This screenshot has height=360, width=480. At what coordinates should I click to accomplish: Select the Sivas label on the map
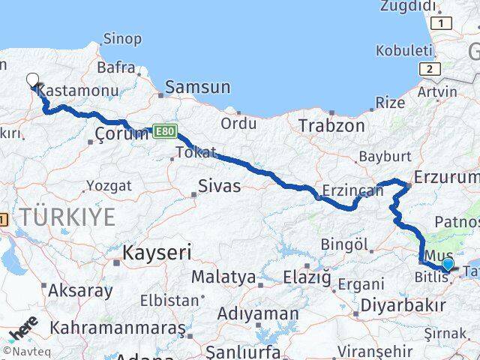[x=219, y=185]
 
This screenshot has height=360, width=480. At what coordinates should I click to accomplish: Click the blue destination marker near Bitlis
[x=448, y=264]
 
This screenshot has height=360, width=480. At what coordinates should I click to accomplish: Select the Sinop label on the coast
[x=122, y=39]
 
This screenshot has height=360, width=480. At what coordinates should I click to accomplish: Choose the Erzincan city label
[x=352, y=190]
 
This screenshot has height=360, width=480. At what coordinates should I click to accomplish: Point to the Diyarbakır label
[x=403, y=305]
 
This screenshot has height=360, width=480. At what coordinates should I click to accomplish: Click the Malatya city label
[x=223, y=277]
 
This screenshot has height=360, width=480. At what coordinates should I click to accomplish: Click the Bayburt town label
[x=385, y=157]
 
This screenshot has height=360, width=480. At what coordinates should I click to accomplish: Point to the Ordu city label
[x=238, y=122]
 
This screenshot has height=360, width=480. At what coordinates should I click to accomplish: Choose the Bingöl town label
[x=346, y=244]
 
